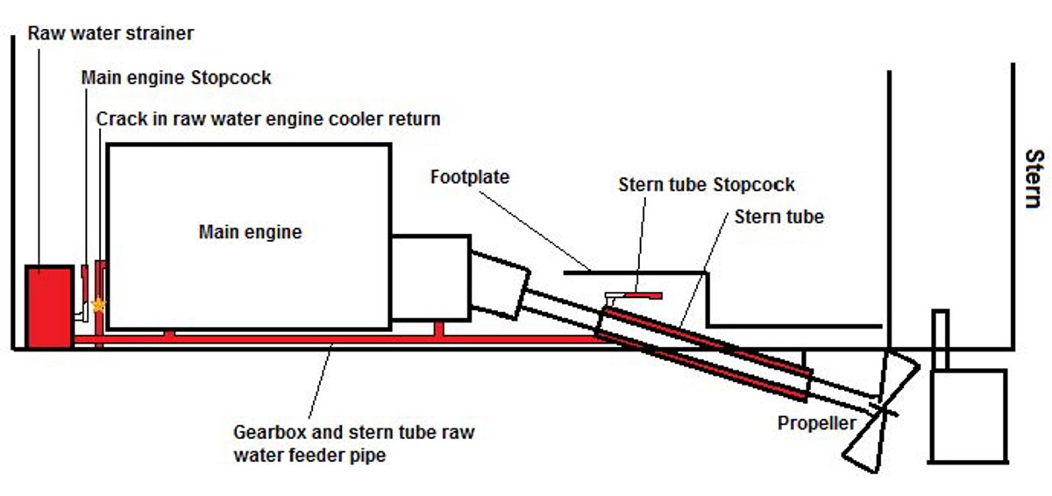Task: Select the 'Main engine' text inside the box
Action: pos(250,232)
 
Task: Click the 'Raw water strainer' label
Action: pos(110,34)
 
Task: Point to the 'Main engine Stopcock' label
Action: pos(176,77)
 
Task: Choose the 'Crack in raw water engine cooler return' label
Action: pos(268,118)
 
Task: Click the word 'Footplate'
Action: pos(470,177)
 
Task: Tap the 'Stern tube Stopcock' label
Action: pos(707,185)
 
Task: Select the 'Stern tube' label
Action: pos(779,216)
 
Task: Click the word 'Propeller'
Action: pos(816,424)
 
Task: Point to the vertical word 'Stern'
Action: pos(1034,179)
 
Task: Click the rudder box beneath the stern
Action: pos(968,415)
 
